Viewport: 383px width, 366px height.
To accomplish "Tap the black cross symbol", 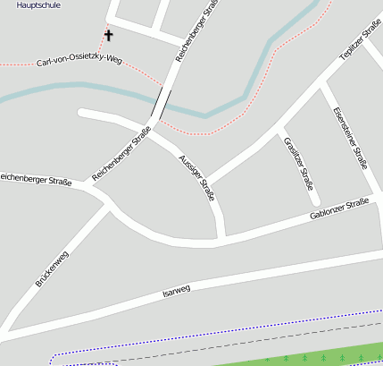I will click(x=109, y=36).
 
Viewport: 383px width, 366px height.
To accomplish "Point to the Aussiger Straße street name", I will click(x=196, y=177).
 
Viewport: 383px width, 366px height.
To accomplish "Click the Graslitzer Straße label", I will click(x=299, y=166).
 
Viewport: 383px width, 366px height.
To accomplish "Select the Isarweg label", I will click(x=177, y=290).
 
